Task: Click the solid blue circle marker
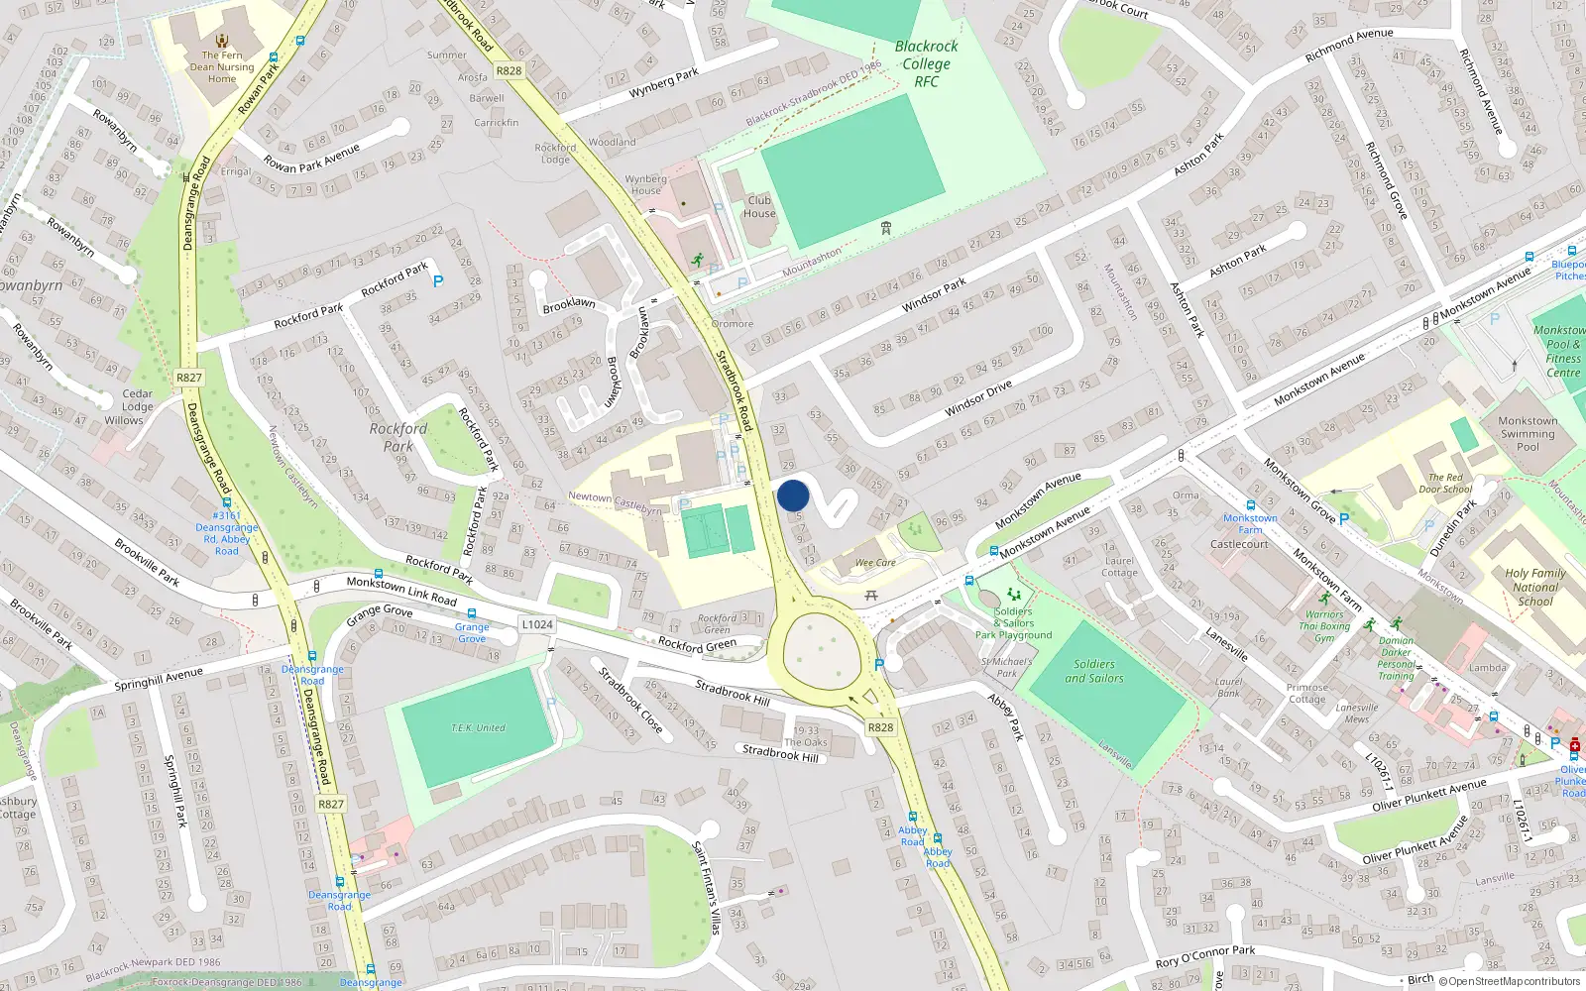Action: tap(793, 495)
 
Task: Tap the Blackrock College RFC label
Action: tap(926, 63)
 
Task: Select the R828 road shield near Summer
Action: tap(509, 70)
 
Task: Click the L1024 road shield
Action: tap(537, 624)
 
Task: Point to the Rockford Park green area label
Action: tap(398, 437)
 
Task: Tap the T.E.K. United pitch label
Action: tap(478, 727)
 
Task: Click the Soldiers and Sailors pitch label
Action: tap(1094, 671)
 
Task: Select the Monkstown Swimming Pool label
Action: tap(1528, 434)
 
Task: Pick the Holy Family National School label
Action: tap(1535, 587)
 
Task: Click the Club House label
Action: tap(759, 206)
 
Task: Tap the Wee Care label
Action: tap(875, 563)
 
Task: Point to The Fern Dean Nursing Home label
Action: tap(222, 67)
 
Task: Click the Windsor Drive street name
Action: tap(978, 398)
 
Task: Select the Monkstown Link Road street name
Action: tap(401, 590)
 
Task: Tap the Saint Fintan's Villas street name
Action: tap(706, 888)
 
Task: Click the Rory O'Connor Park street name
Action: tap(1204, 956)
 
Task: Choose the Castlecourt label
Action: tap(1239, 544)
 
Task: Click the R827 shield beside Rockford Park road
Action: tap(188, 378)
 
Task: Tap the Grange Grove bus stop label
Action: tap(472, 632)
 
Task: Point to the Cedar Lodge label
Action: tap(138, 400)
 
